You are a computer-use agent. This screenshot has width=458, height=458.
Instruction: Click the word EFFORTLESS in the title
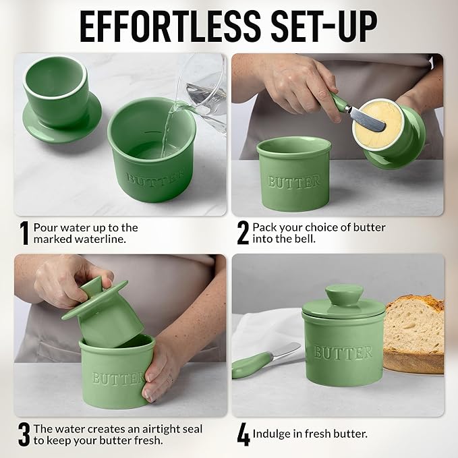(170, 28)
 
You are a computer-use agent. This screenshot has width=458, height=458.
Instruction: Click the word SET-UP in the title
(324, 28)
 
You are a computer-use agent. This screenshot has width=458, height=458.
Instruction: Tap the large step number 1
(24, 233)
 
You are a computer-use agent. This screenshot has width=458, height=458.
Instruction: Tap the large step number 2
(243, 233)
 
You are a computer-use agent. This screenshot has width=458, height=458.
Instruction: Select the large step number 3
(24, 434)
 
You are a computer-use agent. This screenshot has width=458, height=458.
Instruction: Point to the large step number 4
(244, 435)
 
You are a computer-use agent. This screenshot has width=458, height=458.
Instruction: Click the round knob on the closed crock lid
(344, 295)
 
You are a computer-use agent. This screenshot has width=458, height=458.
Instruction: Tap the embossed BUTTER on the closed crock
(343, 352)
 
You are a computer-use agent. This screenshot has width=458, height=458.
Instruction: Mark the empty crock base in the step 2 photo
(294, 174)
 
